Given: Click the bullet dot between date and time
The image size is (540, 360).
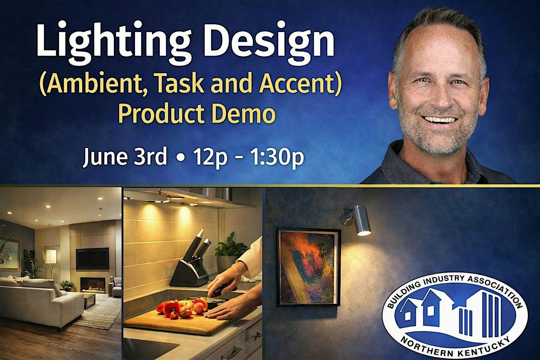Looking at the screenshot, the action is tap(180, 158).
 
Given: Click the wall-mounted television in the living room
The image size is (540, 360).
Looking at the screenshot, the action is tap(92, 258).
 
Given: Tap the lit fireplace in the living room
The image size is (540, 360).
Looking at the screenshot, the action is tap(93, 285).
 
